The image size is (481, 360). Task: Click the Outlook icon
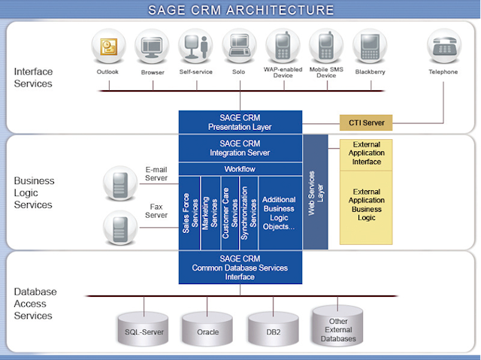108,47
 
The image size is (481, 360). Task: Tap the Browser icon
152,47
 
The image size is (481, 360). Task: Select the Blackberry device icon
370,47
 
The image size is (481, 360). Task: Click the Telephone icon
443,47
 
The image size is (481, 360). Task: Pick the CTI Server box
365,122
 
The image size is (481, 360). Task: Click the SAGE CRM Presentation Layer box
240,122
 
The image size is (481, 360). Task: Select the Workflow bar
240,169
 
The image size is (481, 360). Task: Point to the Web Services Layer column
316,192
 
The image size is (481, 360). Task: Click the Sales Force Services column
189,213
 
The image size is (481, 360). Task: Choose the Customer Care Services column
228,213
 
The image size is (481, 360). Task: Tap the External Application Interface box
366,153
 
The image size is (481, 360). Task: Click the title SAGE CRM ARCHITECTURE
240,10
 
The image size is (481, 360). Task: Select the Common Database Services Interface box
240,268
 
